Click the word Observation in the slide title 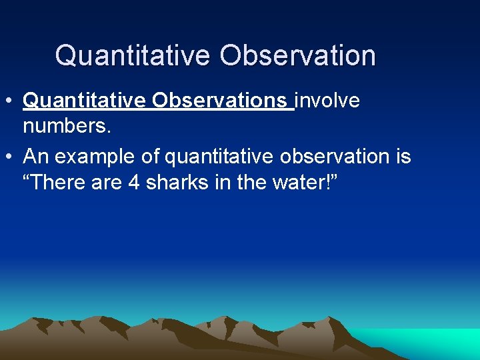click(x=297, y=55)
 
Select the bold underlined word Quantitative click(x=85, y=101)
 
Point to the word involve click(x=327, y=101)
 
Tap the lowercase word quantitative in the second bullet click(x=219, y=157)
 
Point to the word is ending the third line click(x=403, y=157)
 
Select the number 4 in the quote click(x=133, y=181)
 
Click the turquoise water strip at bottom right click(x=433, y=340)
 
